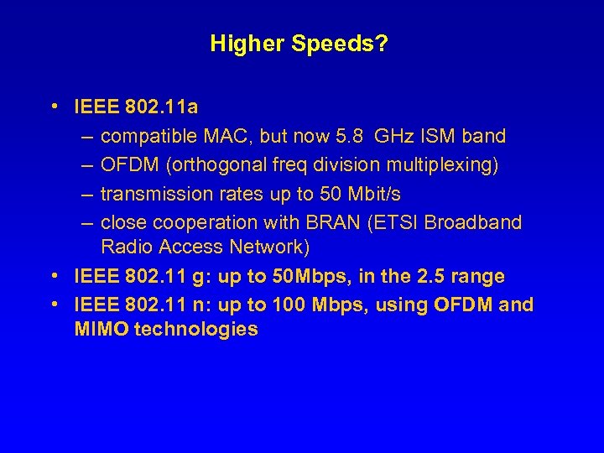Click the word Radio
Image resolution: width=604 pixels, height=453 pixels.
tap(124, 247)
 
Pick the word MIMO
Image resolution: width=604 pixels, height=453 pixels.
tap(101, 329)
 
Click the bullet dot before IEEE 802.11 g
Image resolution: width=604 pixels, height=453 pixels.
tap(53, 276)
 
